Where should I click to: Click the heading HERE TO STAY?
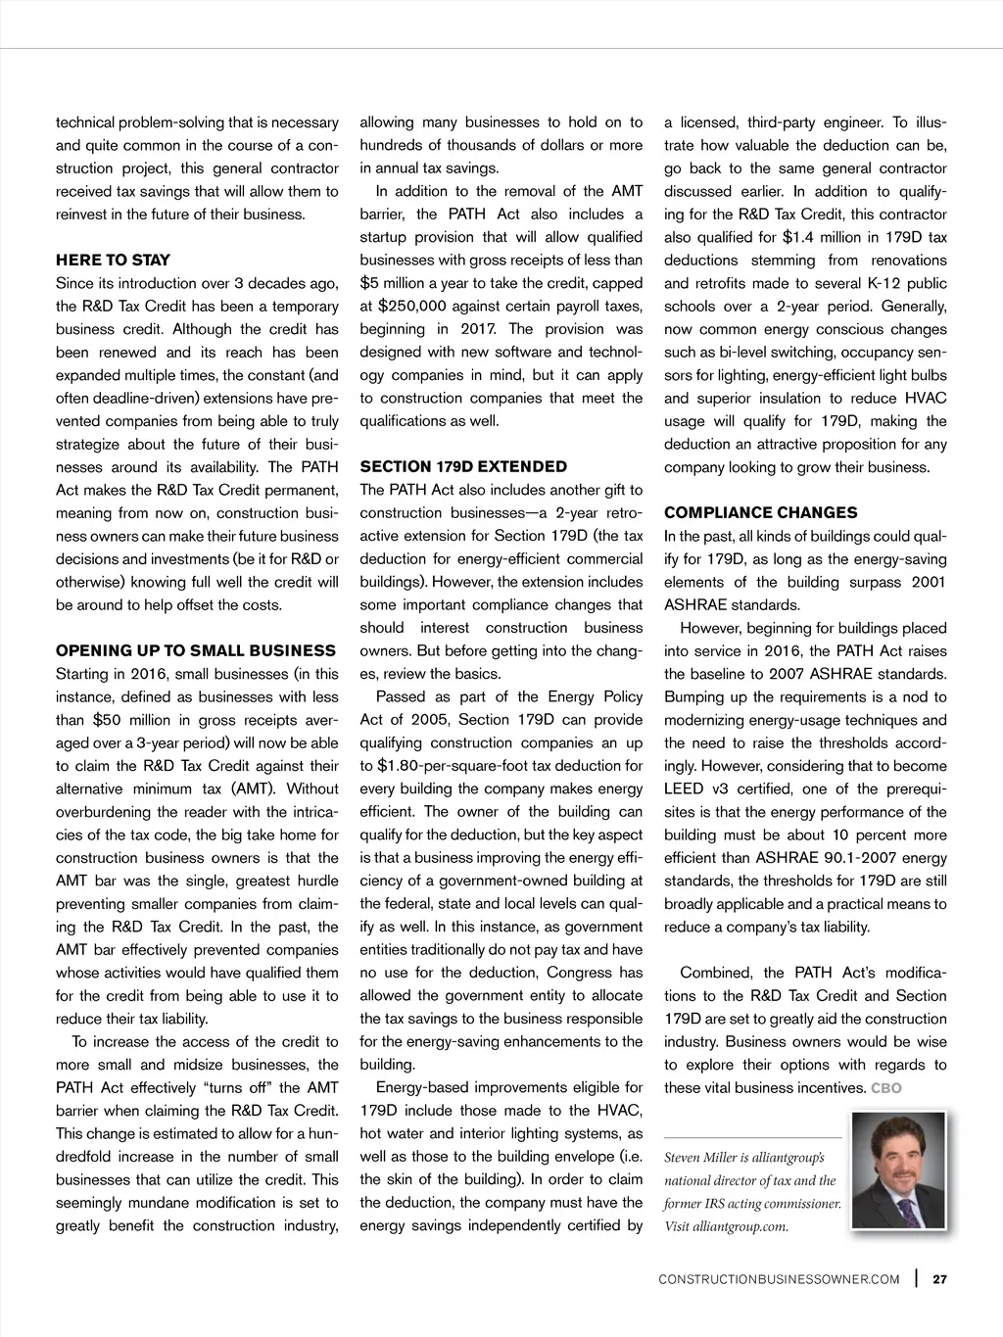113,261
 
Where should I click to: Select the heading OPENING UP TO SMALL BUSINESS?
196,651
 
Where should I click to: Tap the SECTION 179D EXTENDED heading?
463,467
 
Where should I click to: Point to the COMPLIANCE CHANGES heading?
760,513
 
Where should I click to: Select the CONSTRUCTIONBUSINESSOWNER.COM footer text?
779,1280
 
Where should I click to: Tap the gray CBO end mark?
885,1088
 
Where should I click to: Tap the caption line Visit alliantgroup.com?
726,1227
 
